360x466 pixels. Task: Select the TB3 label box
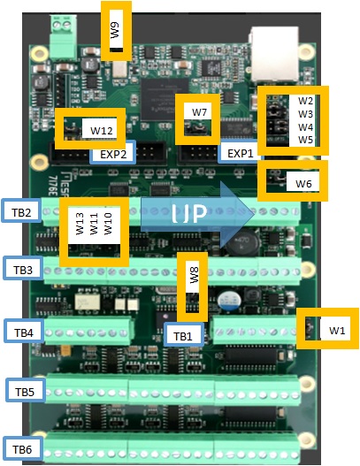click(x=23, y=268)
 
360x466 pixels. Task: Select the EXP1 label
click(x=241, y=152)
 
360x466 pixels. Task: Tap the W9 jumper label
click(x=116, y=31)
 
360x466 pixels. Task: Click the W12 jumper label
click(x=102, y=131)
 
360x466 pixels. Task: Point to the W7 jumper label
click(x=199, y=111)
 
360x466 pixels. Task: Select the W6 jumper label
click(x=303, y=183)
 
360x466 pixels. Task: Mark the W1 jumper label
click(x=337, y=330)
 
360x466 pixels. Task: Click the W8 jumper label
click(x=195, y=275)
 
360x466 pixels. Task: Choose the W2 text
click(x=305, y=101)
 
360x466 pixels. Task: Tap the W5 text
click(x=305, y=139)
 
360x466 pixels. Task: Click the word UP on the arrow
click(x=189, y=213)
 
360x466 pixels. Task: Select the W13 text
click(x=80, y=224)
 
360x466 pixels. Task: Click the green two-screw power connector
click(x=63, y=37)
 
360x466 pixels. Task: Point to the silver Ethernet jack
click(x=274, y=54)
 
